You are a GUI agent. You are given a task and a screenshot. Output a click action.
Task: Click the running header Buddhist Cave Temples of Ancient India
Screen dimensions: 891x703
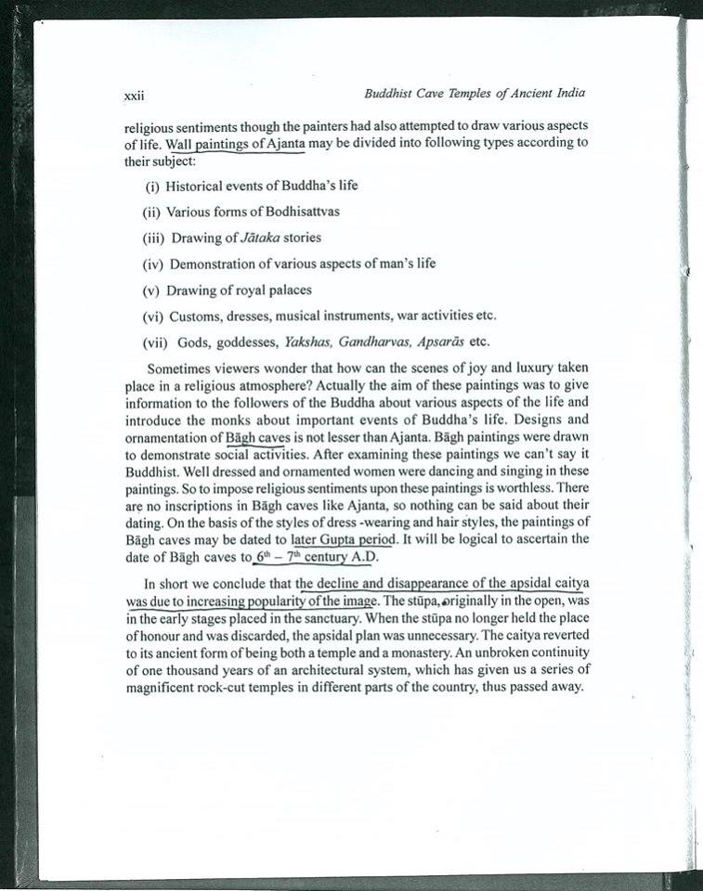tap(475, 94)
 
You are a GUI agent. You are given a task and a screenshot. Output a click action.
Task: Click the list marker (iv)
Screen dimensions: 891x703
tap(152, 264)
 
